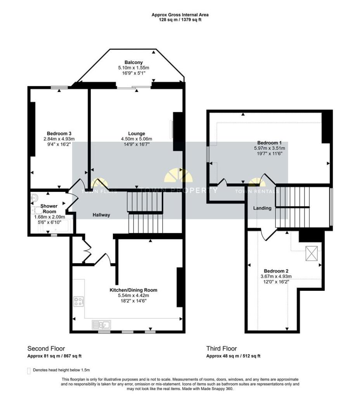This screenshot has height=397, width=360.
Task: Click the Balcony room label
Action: (133, 62)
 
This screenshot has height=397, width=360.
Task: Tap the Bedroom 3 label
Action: (59, 133)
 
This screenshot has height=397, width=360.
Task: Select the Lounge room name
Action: (137, 133)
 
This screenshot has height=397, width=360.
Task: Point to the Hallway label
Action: (101, 215)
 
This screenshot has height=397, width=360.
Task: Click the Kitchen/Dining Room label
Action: (133, 290)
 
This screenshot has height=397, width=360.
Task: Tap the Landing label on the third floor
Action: (262, 208)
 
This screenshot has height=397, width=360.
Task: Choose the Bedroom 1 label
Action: (269, 143)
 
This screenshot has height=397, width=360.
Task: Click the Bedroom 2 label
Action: (276, 271)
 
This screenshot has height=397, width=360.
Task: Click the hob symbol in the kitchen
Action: (78, 302)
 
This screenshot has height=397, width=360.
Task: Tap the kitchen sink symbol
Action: (101, 325)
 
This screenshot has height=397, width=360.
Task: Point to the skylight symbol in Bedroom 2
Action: (312, 254)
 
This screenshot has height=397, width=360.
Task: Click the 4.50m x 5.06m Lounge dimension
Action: (137, 139)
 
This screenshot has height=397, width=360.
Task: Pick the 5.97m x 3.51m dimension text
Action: (269, 148)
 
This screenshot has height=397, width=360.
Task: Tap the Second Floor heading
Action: (46, 349)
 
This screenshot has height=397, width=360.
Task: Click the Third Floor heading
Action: (222, 349)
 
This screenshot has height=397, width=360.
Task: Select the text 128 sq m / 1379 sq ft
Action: (180, 20)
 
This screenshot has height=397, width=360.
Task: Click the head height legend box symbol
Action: (29, 371)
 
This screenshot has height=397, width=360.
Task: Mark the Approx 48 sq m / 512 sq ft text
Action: (233, 356)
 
